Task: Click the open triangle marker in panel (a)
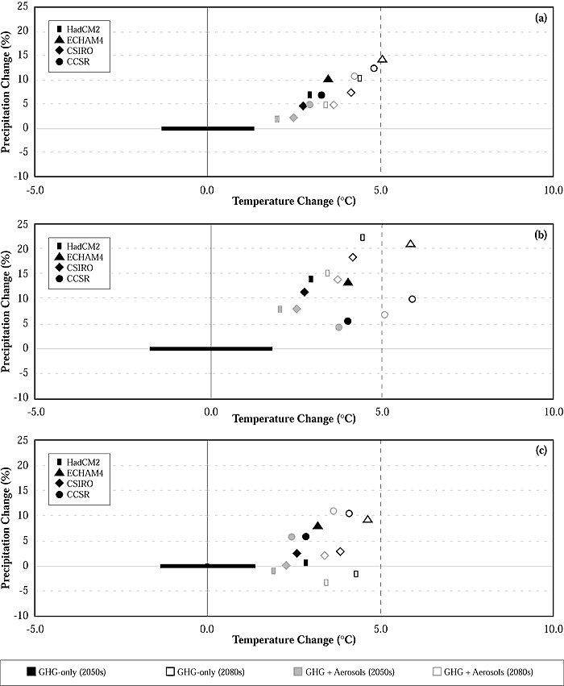pyautogui.click(x=382, y=60)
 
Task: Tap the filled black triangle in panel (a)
pyautogui.click(x=328, y=79)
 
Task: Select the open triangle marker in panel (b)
pyautogui.click(x=410, y=243)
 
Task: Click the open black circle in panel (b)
pyautogui.click(x=412, y=299)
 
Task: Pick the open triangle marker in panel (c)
pyautogui.click(x=367, y=520)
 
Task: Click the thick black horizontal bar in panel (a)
pyautogui.click(x=208, y=128)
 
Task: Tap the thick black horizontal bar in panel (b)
pyautogui.click(x=211, y=348)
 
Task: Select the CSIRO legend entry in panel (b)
pyautogui.click(x=78, y=268)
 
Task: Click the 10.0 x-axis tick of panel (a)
pyautogui.click(x=552, y=192)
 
